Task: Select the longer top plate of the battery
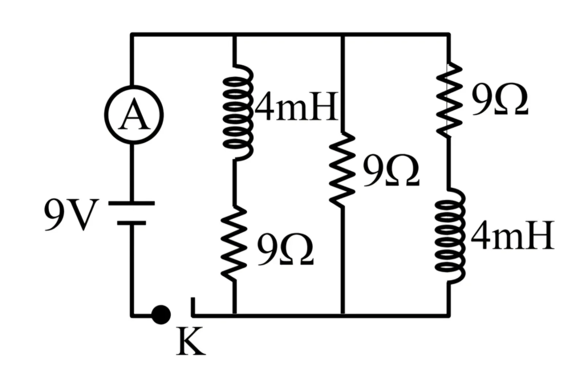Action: pyautogui.click(x=132, y=203)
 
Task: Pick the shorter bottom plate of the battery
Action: pyautogui.click(x=132, y=223)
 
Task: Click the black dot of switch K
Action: pyautogui.click(x=161, y=315)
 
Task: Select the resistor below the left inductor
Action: pyautogui.click(x=234, y=243)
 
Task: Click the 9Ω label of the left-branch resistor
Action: pyautogui.click(x=285, y=249)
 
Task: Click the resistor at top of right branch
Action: pyautogui.click(x=449, y=100)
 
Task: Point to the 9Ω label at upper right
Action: pyautogui.click(x=500, y=100)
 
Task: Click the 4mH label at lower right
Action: pyautogui.click(x=512, y=235)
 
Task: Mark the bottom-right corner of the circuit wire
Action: pyautogui.click(x=449, y=315)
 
